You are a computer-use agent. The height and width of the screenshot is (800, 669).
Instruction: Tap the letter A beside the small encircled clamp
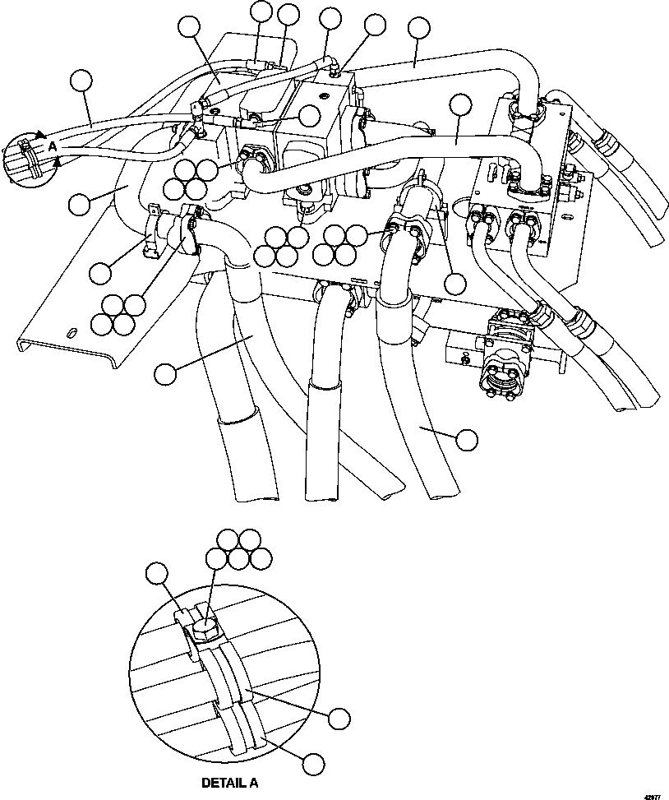[x=53, y=146]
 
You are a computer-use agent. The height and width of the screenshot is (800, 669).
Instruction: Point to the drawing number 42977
[x=653, y=795]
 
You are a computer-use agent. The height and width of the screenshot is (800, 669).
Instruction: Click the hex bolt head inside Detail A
[x=204, y=629]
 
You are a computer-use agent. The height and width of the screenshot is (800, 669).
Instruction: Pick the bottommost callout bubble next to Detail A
[x=311, y=764]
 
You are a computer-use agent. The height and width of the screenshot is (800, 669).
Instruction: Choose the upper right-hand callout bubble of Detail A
[x=339, y=717]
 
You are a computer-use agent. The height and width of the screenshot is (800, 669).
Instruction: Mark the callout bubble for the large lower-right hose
[x=466, y=439]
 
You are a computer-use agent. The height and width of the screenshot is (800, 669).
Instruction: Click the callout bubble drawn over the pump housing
[x=309, y=115]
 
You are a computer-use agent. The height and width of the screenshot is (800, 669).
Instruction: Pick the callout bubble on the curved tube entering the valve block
[x=461, y=104]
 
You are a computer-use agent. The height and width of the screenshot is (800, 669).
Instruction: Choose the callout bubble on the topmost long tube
[x=418, y=29]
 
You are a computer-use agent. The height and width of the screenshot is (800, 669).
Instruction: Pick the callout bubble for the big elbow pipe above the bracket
[x=80, y=204]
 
